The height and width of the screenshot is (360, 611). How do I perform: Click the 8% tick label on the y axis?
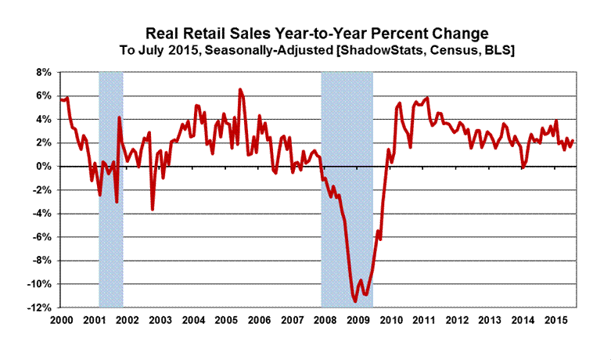click(x=43, y=72)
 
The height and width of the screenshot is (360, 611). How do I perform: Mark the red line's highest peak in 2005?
click(x=240, y=89)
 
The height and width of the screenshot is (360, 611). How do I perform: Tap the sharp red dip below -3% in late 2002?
click(x=153, y=209)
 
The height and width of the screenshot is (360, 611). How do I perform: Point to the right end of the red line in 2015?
click(x=573, y=141)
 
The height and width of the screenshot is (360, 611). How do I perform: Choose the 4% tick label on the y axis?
click(x=43, y=119)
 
